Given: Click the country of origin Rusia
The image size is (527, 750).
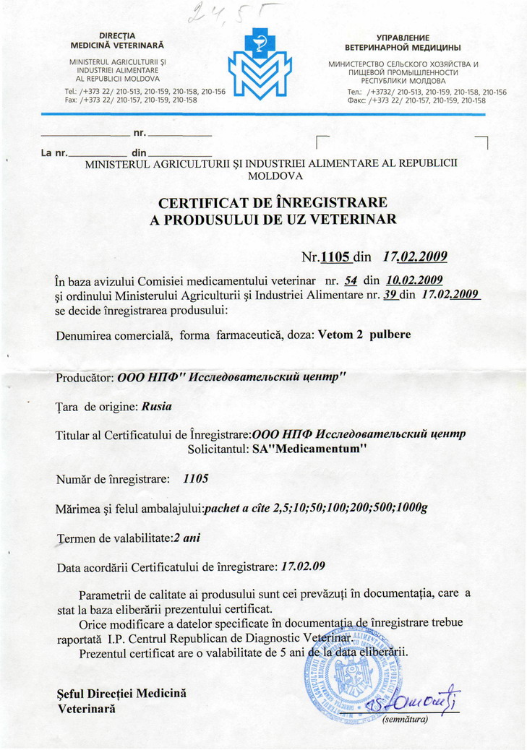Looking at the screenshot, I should click(x=157, y=406).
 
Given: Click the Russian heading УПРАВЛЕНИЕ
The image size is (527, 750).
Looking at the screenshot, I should click(x=403, y=37).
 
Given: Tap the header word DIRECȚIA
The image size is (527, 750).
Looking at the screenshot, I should click(x=117, y=35).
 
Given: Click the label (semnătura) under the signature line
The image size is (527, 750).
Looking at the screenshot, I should click(x=406, y=719).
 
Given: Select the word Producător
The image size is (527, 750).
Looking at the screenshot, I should click(x=84, y=378).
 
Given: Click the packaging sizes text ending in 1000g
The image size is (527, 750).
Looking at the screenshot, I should click(x=317, y=507).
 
